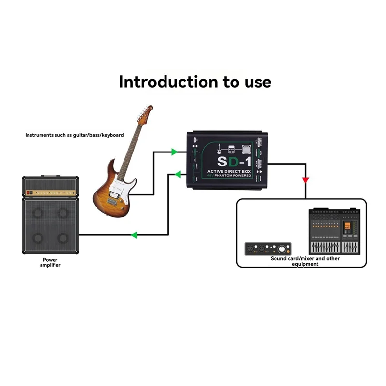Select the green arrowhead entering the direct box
174,152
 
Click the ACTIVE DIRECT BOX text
229,171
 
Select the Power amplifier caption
50,262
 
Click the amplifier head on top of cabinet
50,187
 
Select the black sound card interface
268,248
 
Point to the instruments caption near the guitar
74,135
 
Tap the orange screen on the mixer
346,227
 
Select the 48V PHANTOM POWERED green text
229,176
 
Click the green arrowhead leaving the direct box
178,173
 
